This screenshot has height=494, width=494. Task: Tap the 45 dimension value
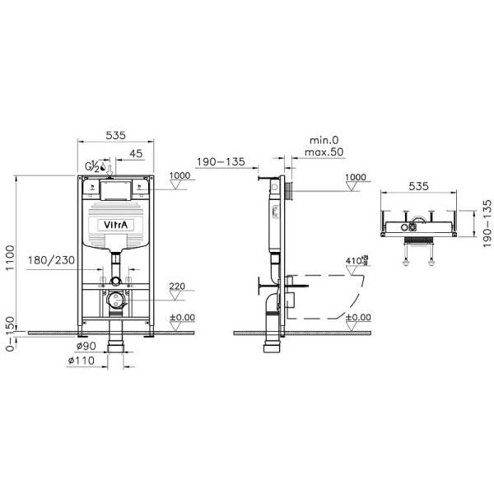136,152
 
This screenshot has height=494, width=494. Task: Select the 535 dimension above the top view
420,188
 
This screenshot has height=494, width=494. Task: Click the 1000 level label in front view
179,176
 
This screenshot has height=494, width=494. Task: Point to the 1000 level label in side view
357,176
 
